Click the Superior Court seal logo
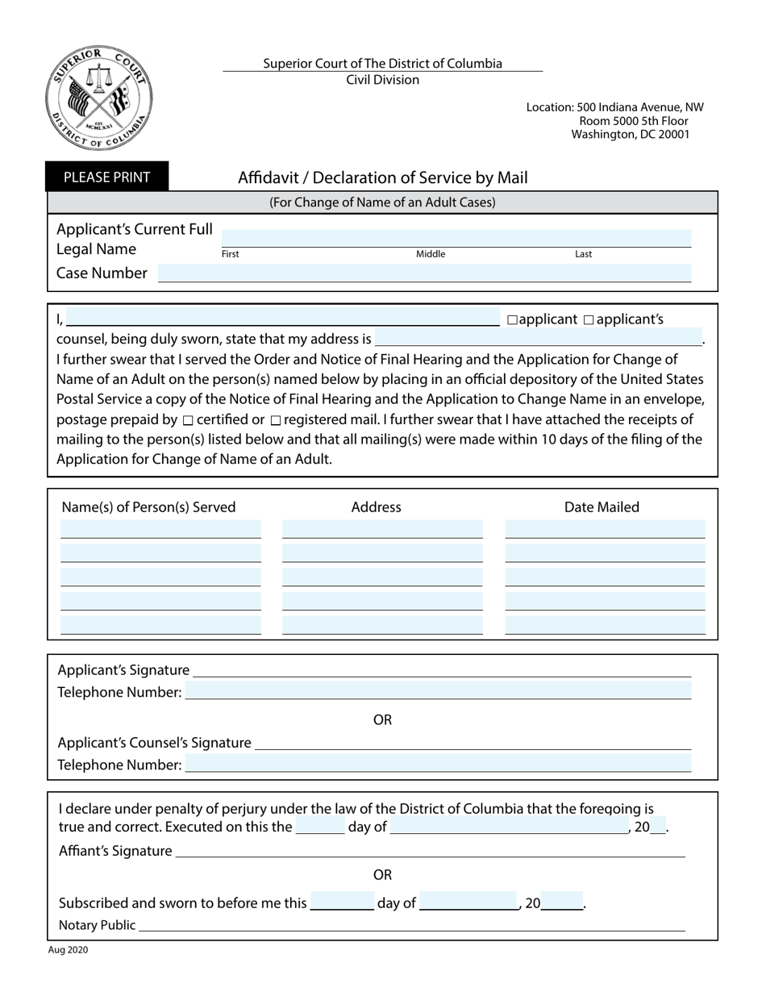pyautogui.click(x=99, y=98)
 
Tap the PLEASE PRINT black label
pyautogui.click(x=107, y=177)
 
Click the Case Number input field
pyautogui.click(x=424, y=273)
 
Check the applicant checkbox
pyautogui.click(x=512, y=320)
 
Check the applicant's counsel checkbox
pyautogui.click(x=588, y=320)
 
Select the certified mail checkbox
pyautogui.click(x=188, y=420)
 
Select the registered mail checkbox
pyautogui.click(x=276, y=420)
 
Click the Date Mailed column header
pyautogui.click(x=602, y=507)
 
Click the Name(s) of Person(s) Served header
pyautogui.click(x=149, y=507)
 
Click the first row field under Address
pyautogui.click(x=382, y=529)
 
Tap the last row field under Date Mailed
pyautogui.click(x=605, y=625)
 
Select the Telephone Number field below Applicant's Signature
pyautogui.click(x=438, y=691)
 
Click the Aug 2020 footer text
pyautogui.click(x=69, y=950)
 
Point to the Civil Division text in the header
pyautogui.click(x=382, y=80)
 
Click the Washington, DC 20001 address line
pyautogui.click(x=631, y=135)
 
